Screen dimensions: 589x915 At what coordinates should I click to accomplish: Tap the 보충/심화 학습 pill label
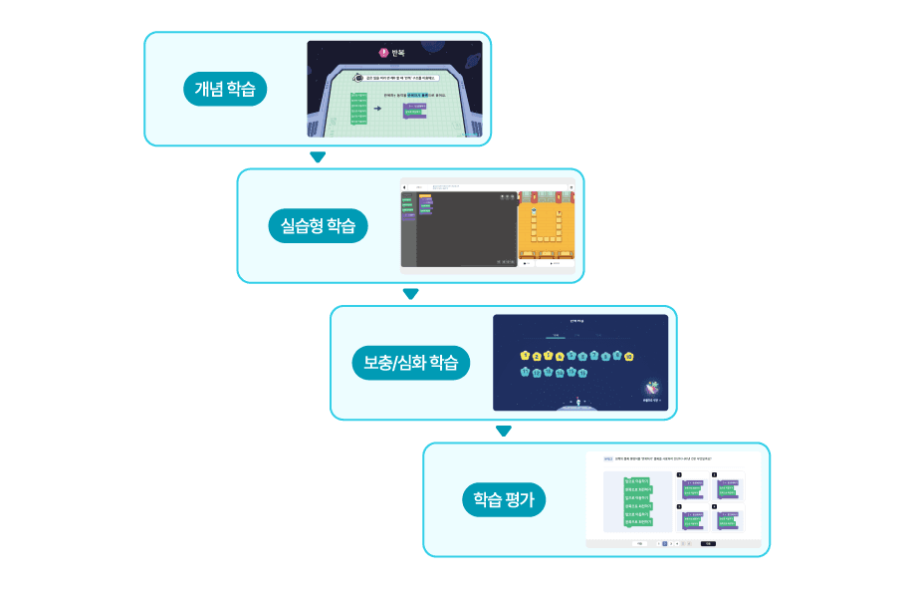point(410,364)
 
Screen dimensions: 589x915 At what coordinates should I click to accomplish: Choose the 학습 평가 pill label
point(504,499)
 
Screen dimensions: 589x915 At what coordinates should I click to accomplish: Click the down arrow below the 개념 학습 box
point(318,157)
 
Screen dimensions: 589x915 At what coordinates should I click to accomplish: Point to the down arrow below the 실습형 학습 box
point(410,294)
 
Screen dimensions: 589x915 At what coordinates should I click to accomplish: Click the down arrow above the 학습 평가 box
point(504,432)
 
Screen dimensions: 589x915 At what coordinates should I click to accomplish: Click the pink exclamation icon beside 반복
point(384,53)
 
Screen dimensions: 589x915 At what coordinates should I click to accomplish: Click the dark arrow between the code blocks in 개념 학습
point(378,107)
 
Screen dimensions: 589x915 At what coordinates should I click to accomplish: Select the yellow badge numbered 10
point(629,356)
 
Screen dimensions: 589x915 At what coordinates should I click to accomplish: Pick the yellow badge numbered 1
point(525,356)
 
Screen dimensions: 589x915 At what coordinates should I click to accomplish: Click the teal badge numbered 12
point(537,373)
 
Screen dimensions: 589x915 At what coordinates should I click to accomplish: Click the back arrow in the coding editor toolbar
point(405,186)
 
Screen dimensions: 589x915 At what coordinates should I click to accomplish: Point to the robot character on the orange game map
point(534,212)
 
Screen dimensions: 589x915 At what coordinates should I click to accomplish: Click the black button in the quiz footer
point(708,544)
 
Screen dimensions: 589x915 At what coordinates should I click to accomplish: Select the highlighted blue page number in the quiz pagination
point(664,544)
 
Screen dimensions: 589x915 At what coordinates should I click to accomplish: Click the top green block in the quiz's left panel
point(638,480)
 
